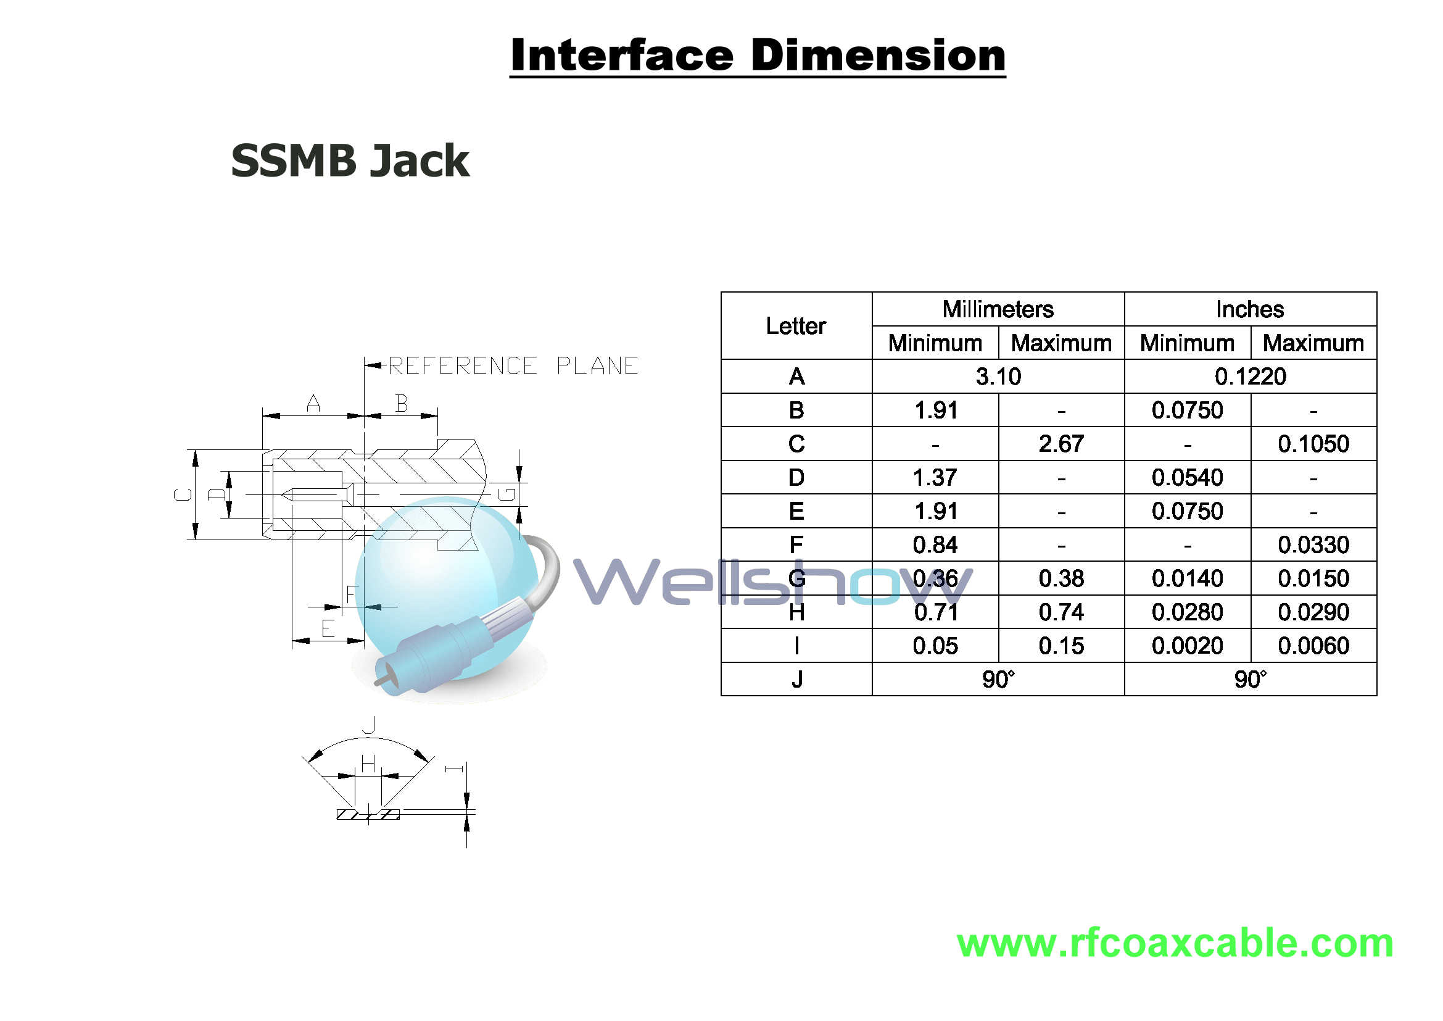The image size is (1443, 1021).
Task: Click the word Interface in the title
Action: (622, 56)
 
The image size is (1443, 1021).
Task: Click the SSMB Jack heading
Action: (350, 160)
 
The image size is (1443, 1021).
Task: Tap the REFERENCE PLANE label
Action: (513, 366)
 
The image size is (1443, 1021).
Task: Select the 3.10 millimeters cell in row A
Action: (998, 377)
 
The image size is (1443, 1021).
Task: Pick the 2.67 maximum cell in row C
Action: (1061, 444)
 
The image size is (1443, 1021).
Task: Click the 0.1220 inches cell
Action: (1250, 377)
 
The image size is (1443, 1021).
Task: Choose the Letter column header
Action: (796, 326)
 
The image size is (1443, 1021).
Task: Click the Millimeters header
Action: (998, 309)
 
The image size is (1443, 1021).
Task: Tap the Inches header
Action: (1250, 309)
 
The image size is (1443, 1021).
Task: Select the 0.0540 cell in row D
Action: (1187, 478)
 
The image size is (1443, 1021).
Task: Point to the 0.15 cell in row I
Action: (1061, 646)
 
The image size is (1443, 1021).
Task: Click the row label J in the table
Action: (796, 680)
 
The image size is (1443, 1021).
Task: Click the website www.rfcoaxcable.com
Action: (1175, 943)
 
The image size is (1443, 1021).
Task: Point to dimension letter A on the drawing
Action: (313, 403)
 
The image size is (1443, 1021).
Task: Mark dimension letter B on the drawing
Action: (402, 403)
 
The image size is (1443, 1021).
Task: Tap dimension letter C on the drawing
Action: (183, 495)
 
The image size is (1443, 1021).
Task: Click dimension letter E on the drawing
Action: (328, 628)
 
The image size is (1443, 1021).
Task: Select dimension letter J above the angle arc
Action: (369, 724)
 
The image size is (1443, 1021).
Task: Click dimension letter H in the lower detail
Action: (368, 763)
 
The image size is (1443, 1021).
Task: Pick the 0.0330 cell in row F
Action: (1313, 545)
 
